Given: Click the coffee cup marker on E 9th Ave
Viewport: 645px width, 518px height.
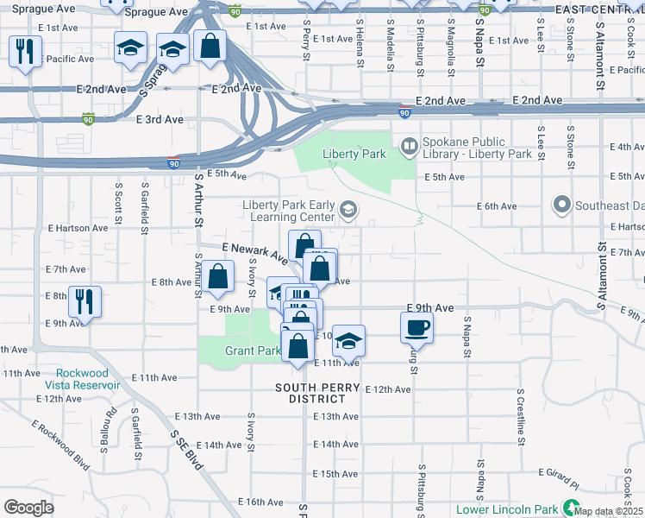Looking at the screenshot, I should [x=416, y=327].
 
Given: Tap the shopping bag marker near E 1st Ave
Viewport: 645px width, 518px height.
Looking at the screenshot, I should [x=210, y=45].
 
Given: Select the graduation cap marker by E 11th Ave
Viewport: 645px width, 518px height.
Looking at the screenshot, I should [x=348, y=340].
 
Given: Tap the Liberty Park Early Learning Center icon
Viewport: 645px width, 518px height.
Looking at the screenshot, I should [x=348, y=210].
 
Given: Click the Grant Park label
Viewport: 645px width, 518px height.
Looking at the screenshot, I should [x=253, y=351].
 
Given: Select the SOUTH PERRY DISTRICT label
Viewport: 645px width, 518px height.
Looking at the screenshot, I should [x=316, y=393].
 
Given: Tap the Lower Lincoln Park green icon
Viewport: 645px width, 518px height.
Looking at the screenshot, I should [x=569, y=508].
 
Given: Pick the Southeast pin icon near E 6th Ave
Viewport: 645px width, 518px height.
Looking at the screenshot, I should [x=562, y=205].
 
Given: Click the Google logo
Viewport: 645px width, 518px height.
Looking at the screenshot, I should [x=28, y=507].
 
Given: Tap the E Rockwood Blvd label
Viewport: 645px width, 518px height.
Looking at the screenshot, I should [x=61, y=445].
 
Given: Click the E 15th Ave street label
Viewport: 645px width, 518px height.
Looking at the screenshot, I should [x=335, y=474].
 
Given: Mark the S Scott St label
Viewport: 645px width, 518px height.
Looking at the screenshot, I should [x=118, y=201].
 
